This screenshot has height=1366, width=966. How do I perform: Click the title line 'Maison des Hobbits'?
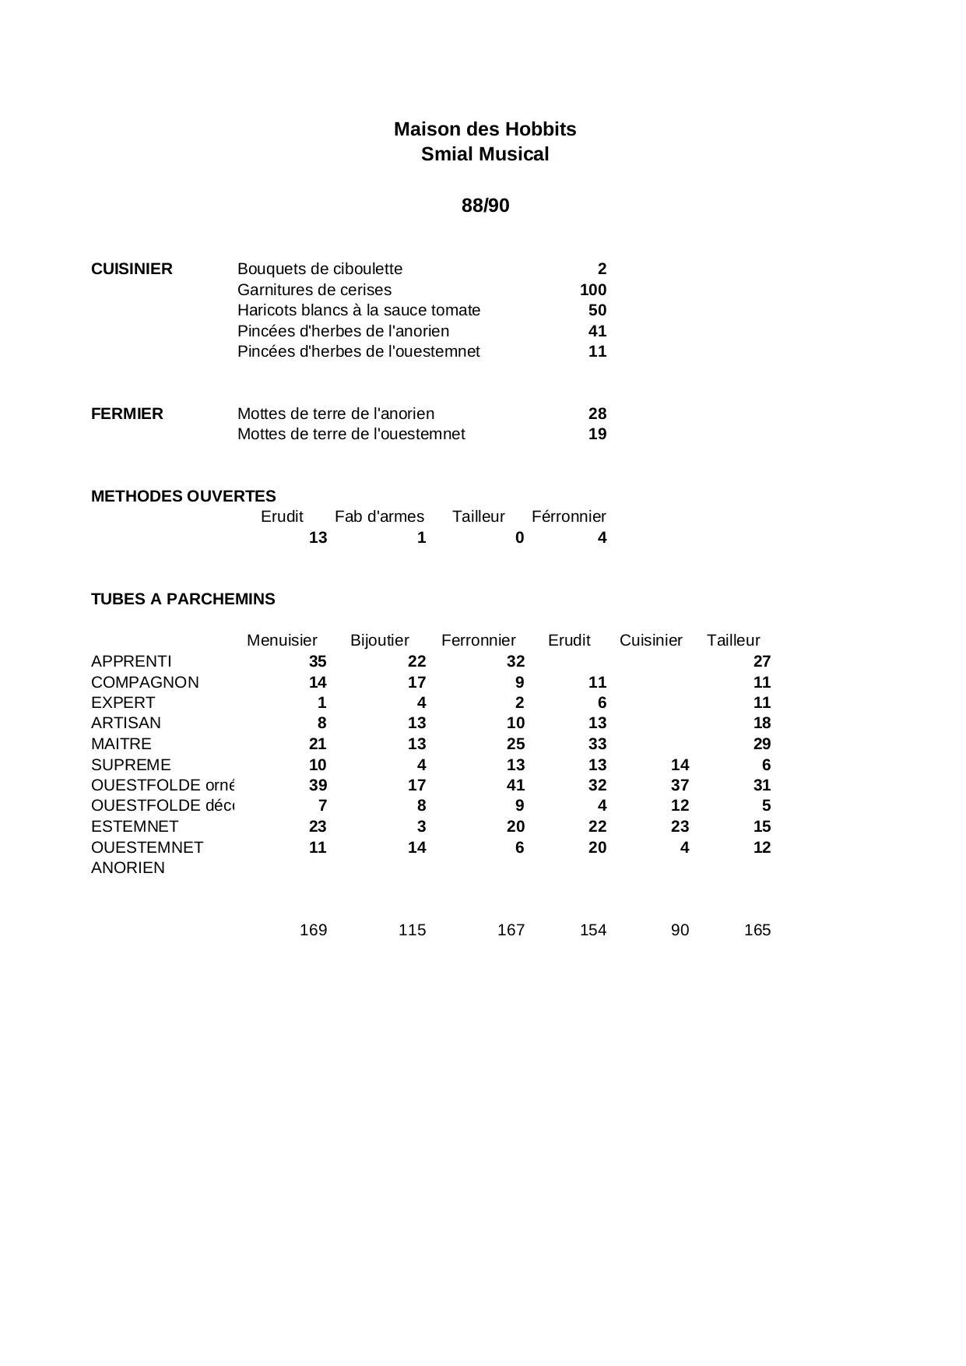(x=485, y=129)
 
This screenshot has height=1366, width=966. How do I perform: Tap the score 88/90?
(x=485, y=206)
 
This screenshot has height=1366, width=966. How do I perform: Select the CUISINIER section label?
(x=132, y=269)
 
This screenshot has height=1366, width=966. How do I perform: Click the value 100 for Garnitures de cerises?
(x=593, y=290)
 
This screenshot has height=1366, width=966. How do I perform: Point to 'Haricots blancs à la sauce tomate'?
(x=359, y=310)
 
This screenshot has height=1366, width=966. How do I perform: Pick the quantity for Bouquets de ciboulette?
(x=602, y=269)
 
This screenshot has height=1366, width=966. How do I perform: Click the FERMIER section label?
(x=127, y=414)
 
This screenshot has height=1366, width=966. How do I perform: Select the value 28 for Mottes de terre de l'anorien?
(x=597, y=414)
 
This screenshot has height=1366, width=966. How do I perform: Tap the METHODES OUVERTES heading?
(x=183, y=496)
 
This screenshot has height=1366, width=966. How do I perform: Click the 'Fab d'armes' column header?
(x=379, y=516)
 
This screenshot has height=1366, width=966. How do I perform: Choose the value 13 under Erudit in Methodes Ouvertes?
(x=318, y=537)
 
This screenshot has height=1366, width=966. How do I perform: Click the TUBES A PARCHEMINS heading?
(x=183, y=599)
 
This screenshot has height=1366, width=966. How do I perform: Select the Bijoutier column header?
(x=379, y=640)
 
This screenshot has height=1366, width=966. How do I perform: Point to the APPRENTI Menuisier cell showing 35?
(x=318, y=661)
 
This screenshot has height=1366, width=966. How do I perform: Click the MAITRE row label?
(x=121, y=744)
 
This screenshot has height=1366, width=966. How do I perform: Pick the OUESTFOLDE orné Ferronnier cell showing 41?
(x=515, y=785)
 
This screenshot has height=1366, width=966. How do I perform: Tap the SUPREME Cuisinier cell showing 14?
(x=680, y=765)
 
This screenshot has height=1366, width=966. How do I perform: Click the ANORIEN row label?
(x=128, y=868)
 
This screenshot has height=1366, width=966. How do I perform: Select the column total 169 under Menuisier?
(x=313, y=930)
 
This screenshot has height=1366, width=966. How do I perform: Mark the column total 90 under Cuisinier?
(x=680, y=930)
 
